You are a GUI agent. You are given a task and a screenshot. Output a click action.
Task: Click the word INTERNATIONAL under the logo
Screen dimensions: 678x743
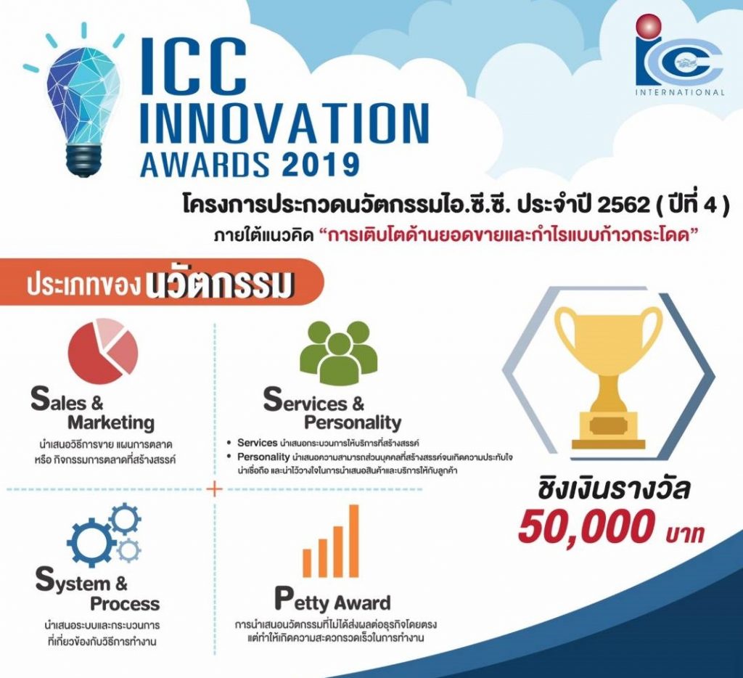tap(680, 92)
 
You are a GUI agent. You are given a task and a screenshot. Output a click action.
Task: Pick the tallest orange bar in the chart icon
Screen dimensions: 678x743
tap(354, 540)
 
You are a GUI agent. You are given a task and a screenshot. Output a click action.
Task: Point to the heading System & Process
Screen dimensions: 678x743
tap(97, 592)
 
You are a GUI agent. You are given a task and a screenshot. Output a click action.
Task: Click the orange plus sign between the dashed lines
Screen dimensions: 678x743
tap(215, 489)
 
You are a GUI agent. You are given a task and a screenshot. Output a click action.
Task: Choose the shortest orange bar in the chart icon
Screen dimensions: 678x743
tap(306, 563)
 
